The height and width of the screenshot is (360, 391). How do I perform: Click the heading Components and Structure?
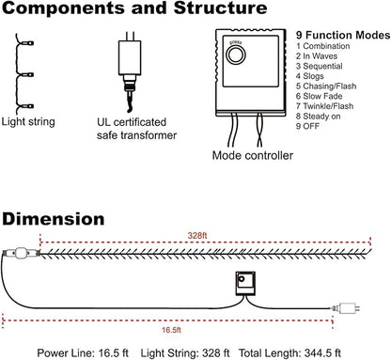click(x=134, y=8)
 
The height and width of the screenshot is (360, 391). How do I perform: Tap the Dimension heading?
click(x=54, y=219)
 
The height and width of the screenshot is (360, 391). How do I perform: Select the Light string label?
click(x=28, y=122)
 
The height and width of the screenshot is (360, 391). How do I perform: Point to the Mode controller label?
click(x=253, y=155)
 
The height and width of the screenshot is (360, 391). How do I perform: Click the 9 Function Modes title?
click(x=343, y=35)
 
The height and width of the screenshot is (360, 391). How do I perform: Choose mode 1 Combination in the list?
click(x=323, y=46)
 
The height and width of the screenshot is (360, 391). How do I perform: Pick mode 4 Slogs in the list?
click(x=310, y=76)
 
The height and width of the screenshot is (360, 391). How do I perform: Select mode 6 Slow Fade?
click(x=319, y=96)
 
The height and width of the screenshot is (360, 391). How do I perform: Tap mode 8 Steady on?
click(x=319, y=117)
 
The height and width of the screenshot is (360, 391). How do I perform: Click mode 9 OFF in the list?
click(x=307, y=126)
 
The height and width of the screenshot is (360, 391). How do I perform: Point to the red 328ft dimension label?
click(x=197, y=236)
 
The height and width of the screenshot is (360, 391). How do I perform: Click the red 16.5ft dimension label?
click(x=171, y=330)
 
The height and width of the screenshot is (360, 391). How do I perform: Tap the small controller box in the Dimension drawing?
click(x=245, y=284)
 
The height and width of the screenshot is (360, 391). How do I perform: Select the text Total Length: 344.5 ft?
click(x=289, y=353)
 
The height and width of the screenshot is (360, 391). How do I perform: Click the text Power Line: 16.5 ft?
click(x=83, y=353)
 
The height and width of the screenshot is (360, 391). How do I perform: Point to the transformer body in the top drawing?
click(x=130, y=58)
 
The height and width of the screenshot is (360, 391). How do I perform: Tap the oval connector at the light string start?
click(x=21, y=253)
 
